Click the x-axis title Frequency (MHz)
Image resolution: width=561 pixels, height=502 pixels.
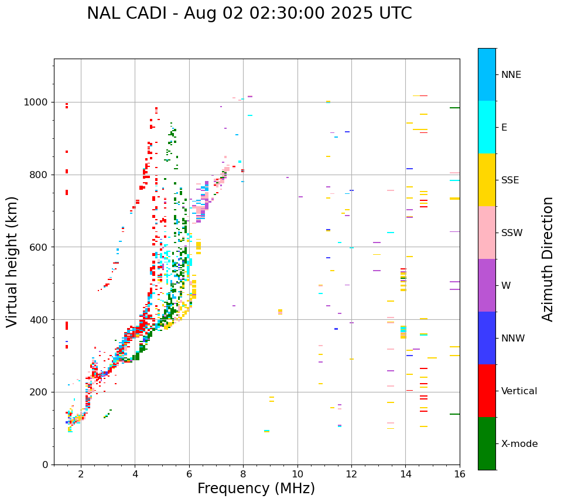coord(256,489)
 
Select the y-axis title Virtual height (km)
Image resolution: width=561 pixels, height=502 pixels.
coord(12,261)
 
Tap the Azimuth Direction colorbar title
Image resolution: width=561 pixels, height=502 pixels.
coord(548,258)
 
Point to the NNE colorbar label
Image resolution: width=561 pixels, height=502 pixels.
coord(511,75)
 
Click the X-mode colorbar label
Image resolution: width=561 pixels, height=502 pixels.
coord(519,444)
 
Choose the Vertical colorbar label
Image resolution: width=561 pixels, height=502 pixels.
coord(519,391)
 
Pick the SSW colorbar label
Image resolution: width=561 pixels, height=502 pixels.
coord(512,233)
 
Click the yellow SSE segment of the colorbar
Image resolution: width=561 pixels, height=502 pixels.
coord(487,180)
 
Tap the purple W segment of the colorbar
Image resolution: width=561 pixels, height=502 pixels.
coord(487,285)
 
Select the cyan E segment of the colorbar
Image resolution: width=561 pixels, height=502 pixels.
coord(487,127)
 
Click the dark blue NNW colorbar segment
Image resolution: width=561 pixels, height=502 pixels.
coord(487,338)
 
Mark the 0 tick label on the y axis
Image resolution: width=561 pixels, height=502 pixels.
coord(45,465)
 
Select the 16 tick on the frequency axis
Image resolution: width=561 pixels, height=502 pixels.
coord(460,474)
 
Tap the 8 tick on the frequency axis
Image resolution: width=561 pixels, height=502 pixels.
coord(243,474)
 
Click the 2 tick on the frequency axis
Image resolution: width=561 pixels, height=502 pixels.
coord(81,474)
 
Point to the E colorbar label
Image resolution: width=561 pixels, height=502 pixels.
coord(504,128)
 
